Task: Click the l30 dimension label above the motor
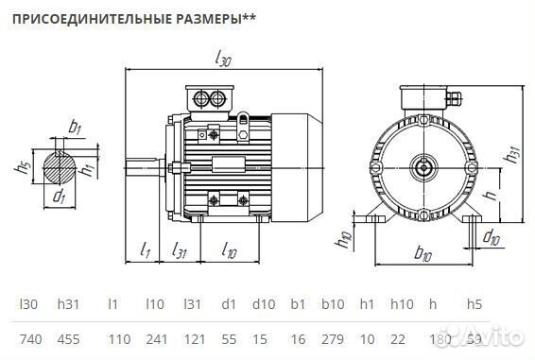pyautogui.click(x=223, y=59)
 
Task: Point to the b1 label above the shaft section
pyautogui.click(x=75, y=126)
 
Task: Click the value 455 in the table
pyautogui.click(x=68, y=337)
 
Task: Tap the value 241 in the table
pyautogui.click(x=155, y=337)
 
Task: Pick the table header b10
pyautogui.click(x=333, y=304)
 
